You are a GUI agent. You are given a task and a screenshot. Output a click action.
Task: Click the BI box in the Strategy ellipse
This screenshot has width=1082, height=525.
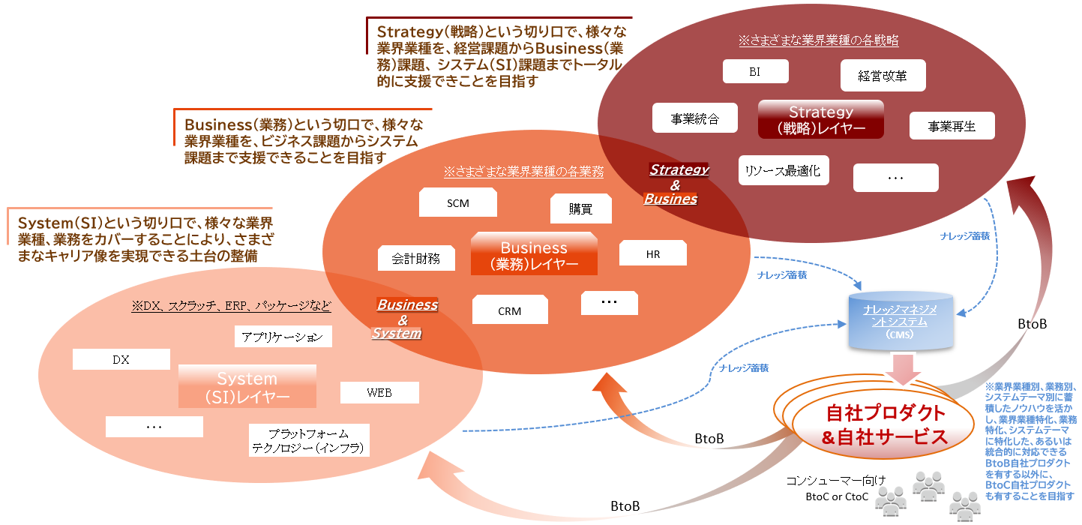[x=755, y=72]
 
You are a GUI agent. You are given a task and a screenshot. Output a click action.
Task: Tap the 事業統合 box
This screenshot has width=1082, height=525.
[x=694, y=118]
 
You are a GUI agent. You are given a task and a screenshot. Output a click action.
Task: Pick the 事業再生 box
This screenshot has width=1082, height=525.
[x=952, y=126]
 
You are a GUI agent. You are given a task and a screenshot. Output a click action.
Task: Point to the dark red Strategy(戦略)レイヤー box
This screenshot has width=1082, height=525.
[x=820, y=120]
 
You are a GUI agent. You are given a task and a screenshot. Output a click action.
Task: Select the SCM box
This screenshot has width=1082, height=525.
[x=457, y=203]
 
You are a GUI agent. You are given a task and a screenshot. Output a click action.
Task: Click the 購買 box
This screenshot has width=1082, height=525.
[x=580, y=209]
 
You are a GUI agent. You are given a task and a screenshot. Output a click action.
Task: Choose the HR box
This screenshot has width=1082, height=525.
[x=653, y=253]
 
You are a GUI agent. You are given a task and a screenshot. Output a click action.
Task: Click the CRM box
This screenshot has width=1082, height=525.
[x=509, y=310]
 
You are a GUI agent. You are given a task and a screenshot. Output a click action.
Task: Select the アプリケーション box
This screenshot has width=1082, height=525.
[x=283, y=337]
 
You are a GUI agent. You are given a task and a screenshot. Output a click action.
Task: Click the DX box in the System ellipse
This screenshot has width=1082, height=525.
[x=121, y=359]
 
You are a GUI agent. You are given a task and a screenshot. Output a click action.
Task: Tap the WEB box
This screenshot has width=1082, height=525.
[x=379, y=392]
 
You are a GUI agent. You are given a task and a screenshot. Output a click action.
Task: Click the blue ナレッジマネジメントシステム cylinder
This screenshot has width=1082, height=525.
[x=902, y=322]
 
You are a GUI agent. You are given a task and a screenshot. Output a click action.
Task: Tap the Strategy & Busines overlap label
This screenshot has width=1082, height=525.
[x=675, y=184]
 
